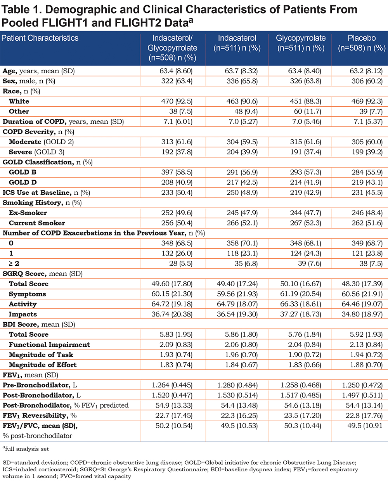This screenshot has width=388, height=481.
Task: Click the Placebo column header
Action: [x=362, y=43]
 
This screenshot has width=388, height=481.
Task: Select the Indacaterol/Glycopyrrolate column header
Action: [x=172, y=48]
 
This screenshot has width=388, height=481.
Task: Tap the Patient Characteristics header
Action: [x=40, y=38]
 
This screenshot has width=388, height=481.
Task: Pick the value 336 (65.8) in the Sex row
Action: [x=242, y=81]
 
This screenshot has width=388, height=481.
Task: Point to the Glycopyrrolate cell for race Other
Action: [x=308, y=111]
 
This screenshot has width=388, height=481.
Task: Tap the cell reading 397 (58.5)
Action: [x=177, y=172]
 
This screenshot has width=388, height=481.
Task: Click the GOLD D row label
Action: [x=23, y=182]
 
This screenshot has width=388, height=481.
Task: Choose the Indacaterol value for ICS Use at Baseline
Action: [x=242, y=192]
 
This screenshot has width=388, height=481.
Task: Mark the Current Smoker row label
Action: [x=37, y=223]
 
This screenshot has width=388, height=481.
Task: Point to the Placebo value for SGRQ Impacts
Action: [x=362, y=314]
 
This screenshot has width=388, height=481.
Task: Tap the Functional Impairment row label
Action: [x=49, y=345]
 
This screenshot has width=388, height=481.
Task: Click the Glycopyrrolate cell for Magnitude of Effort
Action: [x=305, y=365]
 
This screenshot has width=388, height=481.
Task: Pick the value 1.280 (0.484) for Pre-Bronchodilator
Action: [x=237, y=385]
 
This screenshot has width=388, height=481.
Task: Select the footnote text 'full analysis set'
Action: [x=27, y=449]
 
